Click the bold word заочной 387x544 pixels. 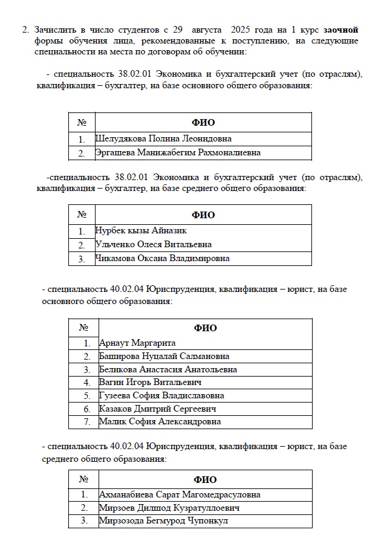340,30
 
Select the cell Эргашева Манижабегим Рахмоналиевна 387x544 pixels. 178,153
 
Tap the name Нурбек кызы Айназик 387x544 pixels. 141,230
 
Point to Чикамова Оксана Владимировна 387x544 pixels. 162,259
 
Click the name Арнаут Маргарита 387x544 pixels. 137,343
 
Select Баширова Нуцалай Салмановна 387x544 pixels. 164,356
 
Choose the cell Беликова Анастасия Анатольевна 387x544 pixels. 167,369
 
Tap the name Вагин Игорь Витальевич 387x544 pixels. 150,382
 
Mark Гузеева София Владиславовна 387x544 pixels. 161,395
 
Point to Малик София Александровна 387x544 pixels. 160,422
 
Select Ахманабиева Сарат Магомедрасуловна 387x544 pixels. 180,494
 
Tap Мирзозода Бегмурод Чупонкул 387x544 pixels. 164,521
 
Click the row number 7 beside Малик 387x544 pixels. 87,422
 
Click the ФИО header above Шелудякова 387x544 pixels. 203,123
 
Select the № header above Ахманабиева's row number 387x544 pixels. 83,480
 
